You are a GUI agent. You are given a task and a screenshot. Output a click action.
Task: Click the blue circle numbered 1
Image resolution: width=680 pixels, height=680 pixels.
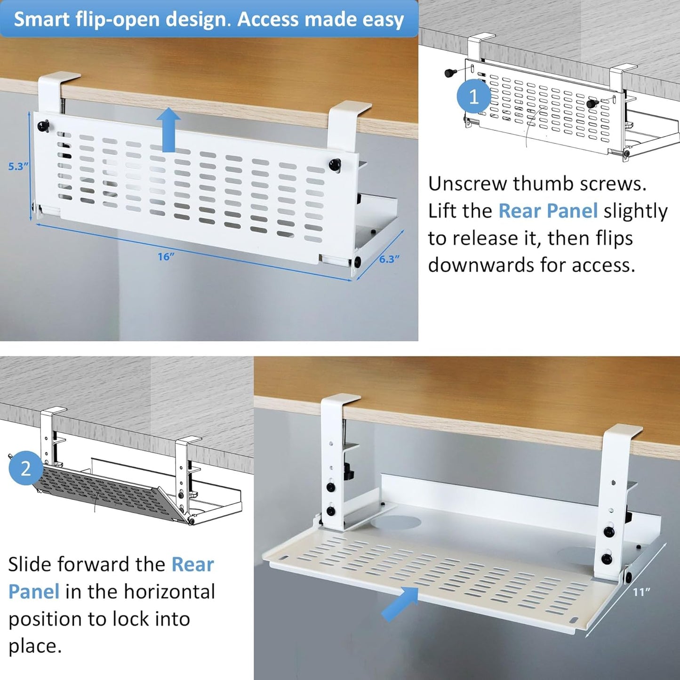(473, 97)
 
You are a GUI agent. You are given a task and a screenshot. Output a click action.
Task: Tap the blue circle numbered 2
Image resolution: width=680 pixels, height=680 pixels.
(25, 468)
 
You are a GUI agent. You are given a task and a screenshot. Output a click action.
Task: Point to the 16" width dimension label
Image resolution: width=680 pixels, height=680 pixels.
(166, 256)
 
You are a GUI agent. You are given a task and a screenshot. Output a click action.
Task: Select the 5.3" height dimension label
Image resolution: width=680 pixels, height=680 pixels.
(18, 166)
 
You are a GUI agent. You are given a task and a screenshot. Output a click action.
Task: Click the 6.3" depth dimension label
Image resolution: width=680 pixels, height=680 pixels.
(389, 259)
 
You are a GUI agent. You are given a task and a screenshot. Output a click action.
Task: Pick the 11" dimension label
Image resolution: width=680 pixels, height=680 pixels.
(641, 592)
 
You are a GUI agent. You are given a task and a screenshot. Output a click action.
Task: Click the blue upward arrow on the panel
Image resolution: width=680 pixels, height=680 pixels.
(168, 129)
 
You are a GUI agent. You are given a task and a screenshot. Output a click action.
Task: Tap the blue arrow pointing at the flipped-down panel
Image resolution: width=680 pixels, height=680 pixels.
(400, 603)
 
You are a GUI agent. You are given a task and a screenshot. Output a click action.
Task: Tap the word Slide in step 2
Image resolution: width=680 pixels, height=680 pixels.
(30, 564)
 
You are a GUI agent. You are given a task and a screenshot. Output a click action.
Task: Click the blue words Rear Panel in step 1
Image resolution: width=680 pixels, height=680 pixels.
(548, 211)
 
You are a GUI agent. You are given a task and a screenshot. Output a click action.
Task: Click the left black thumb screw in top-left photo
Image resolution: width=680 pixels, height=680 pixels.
(44, 126)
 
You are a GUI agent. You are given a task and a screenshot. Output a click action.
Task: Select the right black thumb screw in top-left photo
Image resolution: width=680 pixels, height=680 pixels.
(335, 164)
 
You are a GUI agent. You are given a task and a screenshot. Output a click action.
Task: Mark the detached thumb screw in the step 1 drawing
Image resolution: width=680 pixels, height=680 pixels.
(451, 72)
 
